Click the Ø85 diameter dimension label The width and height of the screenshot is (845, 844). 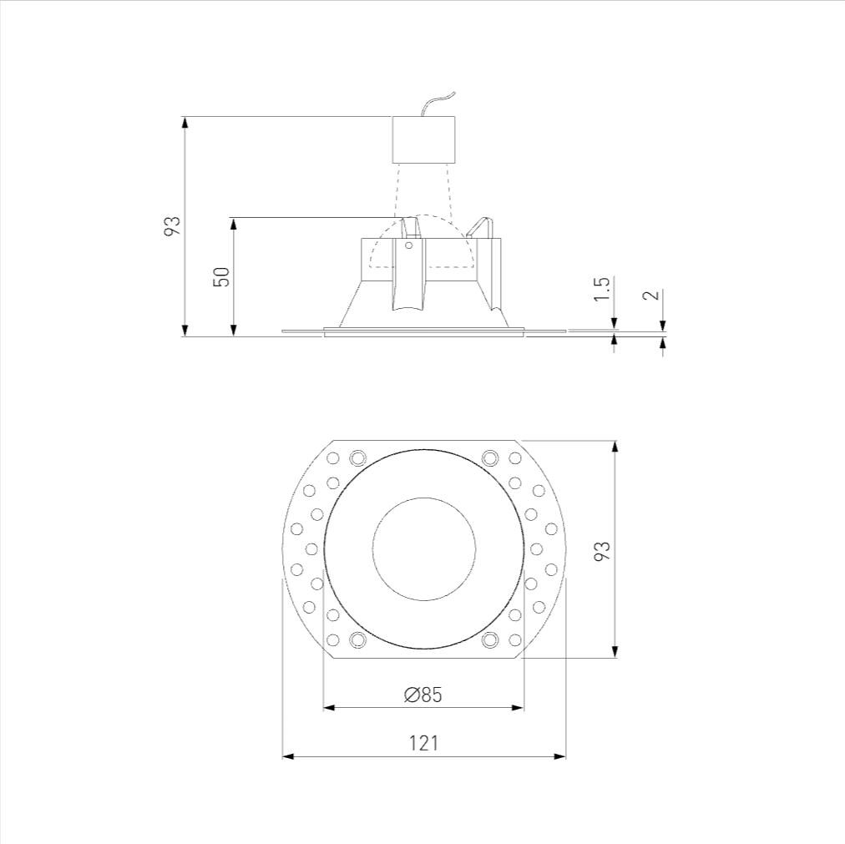point(423,695)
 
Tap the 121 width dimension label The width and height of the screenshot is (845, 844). point(423,743)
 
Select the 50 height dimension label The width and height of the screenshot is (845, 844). point(221,277)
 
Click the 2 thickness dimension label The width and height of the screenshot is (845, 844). point(652,295)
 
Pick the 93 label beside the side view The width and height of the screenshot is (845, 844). point(172,226)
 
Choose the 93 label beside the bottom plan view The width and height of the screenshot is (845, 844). point(603,550)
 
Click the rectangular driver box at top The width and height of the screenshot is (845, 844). point(423,139)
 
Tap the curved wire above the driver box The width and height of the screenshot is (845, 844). point(438,103)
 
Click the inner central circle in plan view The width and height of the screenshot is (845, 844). point(423,549)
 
